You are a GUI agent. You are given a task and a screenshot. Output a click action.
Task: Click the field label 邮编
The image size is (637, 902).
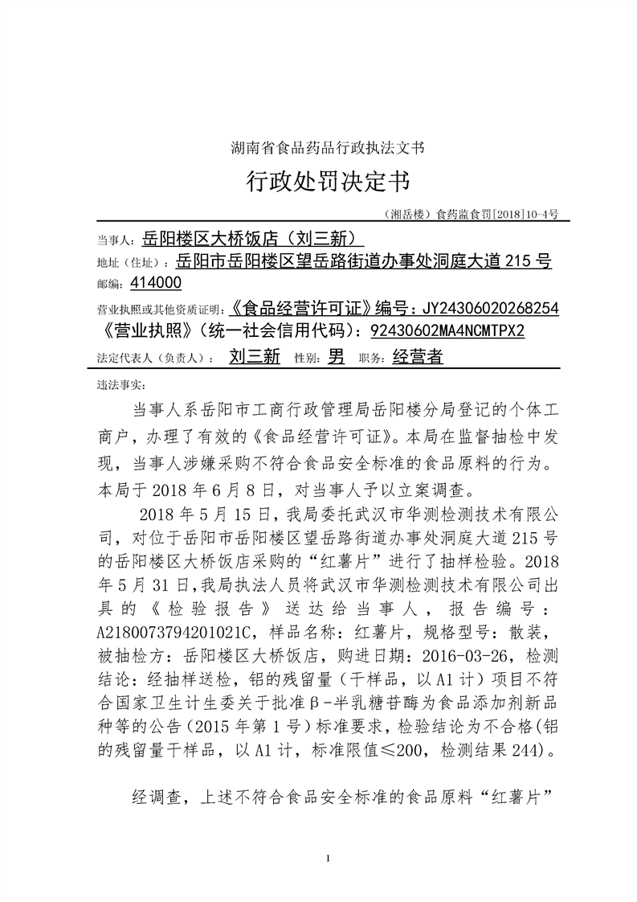109,284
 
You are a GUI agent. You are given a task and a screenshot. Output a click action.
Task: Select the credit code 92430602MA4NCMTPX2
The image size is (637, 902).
447,331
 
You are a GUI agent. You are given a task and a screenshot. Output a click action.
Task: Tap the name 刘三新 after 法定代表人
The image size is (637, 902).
255,357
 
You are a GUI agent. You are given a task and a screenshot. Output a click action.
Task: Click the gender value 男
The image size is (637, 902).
337,357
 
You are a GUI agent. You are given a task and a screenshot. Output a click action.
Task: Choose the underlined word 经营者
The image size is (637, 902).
418,357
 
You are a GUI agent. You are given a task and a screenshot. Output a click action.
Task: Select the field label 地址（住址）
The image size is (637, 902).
132,262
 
